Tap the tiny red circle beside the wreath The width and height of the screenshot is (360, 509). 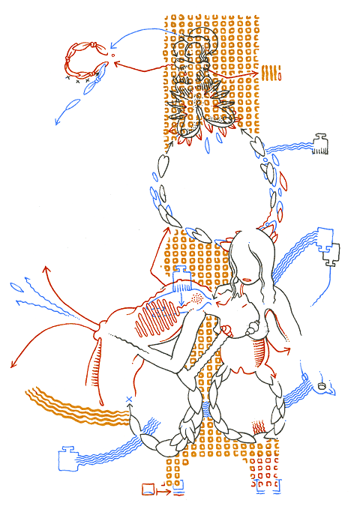click(113, 55)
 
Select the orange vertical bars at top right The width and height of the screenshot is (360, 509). click(271, 73)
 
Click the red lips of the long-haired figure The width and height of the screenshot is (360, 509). click(248, 280)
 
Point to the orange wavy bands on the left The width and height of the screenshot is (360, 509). click(71, 409)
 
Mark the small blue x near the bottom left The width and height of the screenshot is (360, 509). click(129, 399)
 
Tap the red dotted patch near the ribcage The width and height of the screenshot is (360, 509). click(196, 298)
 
